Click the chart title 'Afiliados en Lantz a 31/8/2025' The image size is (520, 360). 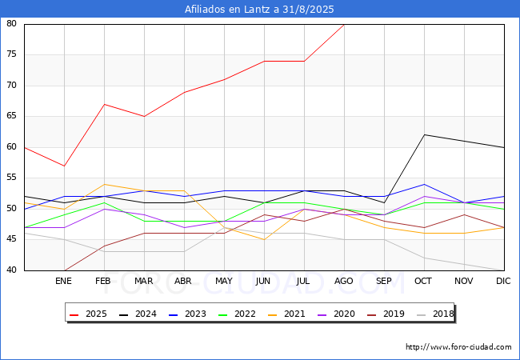tap(259, 9)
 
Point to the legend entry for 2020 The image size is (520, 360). tap(338, 314)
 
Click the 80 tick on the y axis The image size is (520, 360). tap(12, 24)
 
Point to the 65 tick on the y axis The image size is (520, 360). tap(12, 117)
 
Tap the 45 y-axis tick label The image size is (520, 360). tap(12, 240)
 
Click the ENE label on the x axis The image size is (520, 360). tap(64, 282)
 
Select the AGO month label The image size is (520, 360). tap(344, 282)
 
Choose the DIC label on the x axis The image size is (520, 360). tap(503, 282)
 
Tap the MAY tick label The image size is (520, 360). tap(224, 282)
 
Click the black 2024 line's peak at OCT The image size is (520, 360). tap(424, 134)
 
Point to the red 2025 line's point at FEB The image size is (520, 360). tap(104, 104)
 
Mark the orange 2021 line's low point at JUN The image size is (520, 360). tap(264, 239)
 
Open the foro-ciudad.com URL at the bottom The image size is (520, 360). tap(458, 347)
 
